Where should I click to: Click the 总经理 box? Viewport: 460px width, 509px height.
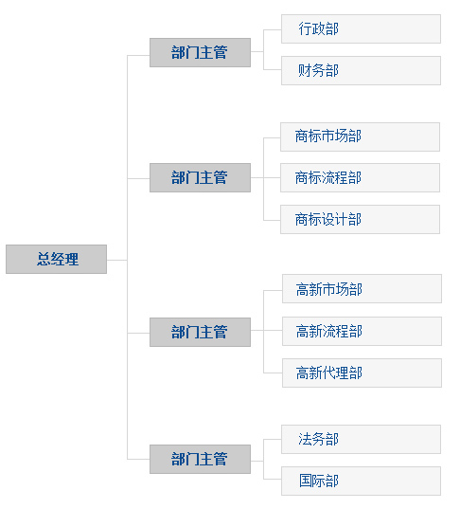pos(56,259)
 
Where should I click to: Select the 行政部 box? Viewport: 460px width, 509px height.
pos(361,28)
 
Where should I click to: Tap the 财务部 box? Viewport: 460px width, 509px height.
pos(361,70)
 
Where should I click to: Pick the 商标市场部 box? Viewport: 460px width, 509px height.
pos(360,136)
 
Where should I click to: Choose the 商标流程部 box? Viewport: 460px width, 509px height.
pos(360,177)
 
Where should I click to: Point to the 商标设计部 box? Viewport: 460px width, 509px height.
pos(360,219)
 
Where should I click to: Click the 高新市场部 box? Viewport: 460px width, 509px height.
pos(362,288)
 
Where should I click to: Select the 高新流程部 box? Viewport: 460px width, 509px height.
pos(362,331)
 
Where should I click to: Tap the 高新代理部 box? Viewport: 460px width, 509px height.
pos(362,373)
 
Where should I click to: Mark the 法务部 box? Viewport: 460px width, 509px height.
pos(361,439)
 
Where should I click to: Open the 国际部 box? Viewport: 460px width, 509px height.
pos(361,482)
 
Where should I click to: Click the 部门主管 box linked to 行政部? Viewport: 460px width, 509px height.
pos(200,52)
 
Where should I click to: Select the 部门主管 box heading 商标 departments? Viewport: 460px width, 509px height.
pos(200,177)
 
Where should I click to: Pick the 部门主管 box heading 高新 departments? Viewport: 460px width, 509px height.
pos(200,332)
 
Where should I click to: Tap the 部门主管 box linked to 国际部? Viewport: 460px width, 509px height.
pos(200,459)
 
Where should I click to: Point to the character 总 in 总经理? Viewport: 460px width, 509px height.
pos(44,259)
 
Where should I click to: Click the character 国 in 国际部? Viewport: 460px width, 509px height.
pos(306,481)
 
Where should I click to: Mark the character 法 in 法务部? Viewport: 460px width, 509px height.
pos(305,439)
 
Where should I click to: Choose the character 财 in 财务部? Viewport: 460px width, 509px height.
pos(305,70)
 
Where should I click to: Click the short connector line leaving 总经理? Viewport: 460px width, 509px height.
pos(116,260)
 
